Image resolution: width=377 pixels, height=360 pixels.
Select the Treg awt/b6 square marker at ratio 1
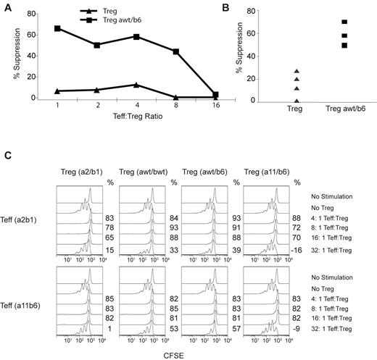(x=56, y=28)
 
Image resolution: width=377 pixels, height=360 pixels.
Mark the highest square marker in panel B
(x=325, y=22)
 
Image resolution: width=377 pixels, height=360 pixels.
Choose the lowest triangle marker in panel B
(x=275, y=100)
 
